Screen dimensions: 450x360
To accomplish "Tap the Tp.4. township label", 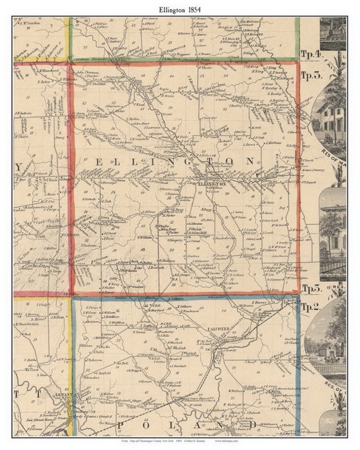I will click(311, 54).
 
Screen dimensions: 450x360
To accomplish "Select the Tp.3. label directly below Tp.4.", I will click(311, 75).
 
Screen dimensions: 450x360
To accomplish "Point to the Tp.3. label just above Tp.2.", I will click(311, 288).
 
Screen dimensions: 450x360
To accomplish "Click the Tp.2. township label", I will click(311, 307).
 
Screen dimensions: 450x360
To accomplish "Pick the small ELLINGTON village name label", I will click(212, 183).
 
